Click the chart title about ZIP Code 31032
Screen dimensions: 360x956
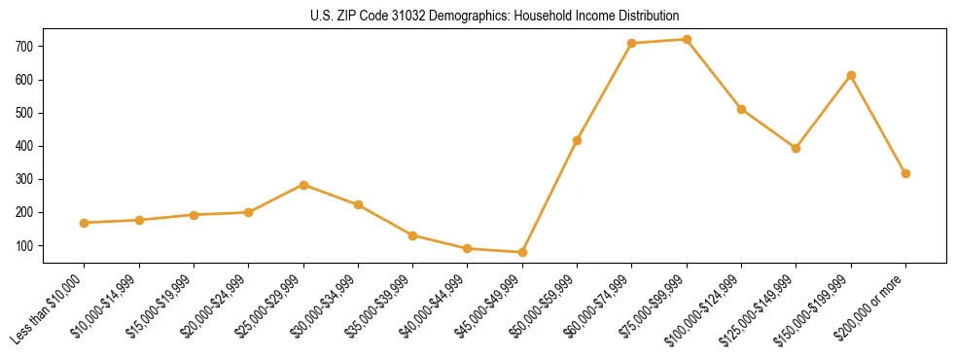494,17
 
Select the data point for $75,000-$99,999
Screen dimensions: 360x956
687,40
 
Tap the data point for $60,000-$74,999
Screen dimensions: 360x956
632,44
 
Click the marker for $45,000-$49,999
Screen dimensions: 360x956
522,252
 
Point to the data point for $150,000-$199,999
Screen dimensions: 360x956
851,75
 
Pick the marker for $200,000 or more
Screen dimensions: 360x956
905,173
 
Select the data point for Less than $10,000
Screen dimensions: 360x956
85,223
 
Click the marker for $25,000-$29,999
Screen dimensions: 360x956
303,185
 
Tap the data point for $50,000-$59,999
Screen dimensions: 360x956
577,140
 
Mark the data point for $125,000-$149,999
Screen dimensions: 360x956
796,148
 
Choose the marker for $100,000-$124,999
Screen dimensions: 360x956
741,109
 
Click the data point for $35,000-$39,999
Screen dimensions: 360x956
413,235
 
